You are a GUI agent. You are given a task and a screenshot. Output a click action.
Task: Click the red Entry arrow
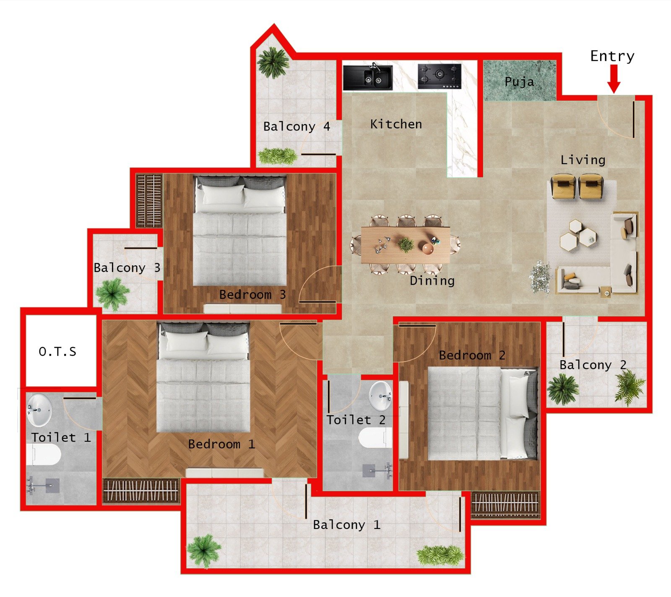pyautogui.click(x=614, y=79)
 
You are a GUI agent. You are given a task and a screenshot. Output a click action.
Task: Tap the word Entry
pyautogui.click(x=612, y=56)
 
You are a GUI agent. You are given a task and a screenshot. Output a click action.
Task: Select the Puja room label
pyautogui.click(x=519, y=82)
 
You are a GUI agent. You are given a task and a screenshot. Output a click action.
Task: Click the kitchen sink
pyautogui.click(x=368, y=77)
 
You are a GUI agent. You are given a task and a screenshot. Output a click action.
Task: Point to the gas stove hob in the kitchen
pyautogui.click(x=439, y=76)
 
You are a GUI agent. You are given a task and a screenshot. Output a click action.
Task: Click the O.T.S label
pyautogui.click(x=57, y=351)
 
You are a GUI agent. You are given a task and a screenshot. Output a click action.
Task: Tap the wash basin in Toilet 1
pyautogui.click(x=39, y=409)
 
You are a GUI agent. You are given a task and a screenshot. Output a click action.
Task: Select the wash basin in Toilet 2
pyautogui.click(x=381, y=395)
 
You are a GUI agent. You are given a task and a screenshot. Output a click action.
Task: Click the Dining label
pyautogui.click(x=432, y=280)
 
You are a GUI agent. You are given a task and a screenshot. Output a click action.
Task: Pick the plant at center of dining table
pyautogui.click(x=406, y=244)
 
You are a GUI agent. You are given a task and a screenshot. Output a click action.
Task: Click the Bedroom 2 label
pyautogui.click(x=472, y=355)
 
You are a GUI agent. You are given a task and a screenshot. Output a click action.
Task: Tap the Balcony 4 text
pyautogui.click(x=296, y=126)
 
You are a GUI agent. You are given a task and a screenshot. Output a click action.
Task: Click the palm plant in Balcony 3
pyautogui.click(x=112, y=294)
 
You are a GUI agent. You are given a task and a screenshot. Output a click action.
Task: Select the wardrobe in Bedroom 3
pyautogui.click(x=149, y=200)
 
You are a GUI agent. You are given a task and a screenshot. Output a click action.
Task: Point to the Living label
pyautogui.click(x=583, y=160)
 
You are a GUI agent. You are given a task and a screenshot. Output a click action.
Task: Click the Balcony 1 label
pyautogui.click(x=346, y=525)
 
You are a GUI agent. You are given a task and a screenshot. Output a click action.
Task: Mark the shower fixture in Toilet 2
pyautogui.click(x=377, y=470)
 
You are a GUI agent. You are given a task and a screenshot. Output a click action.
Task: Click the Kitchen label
pyautogui.click(x=396, y=124)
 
